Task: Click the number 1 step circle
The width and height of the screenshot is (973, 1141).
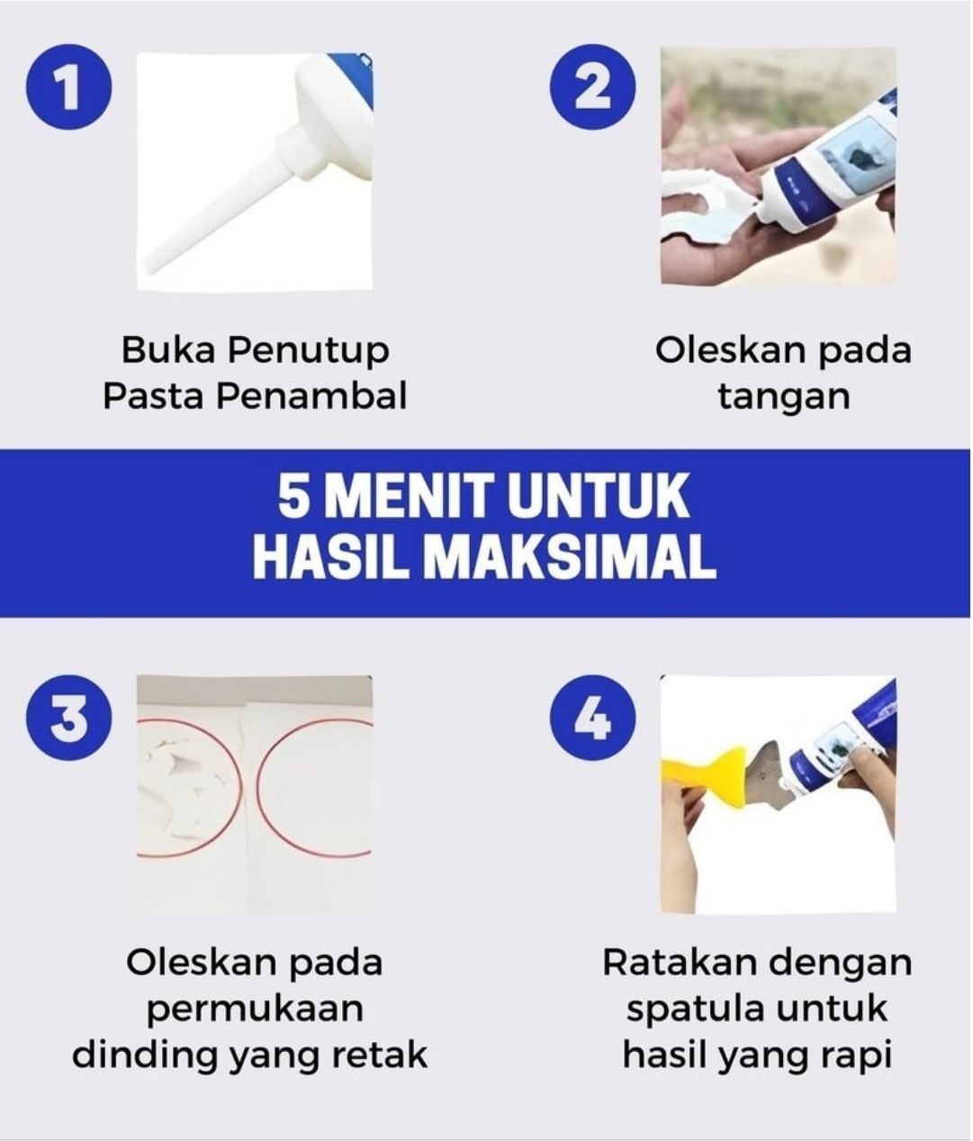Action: pos(68,87)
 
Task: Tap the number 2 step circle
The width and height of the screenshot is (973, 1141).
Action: pos(593,87)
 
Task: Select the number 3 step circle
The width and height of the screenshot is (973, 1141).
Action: pos(68,718)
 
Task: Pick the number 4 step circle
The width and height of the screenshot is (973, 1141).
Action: pos(593,718)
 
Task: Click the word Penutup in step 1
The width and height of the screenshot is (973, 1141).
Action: pos(309,351)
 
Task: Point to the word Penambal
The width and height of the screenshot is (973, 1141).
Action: pos(311,395)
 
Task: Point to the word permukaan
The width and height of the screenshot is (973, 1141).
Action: pos(255,1010)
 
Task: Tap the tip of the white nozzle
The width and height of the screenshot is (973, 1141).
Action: pos(152,266)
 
